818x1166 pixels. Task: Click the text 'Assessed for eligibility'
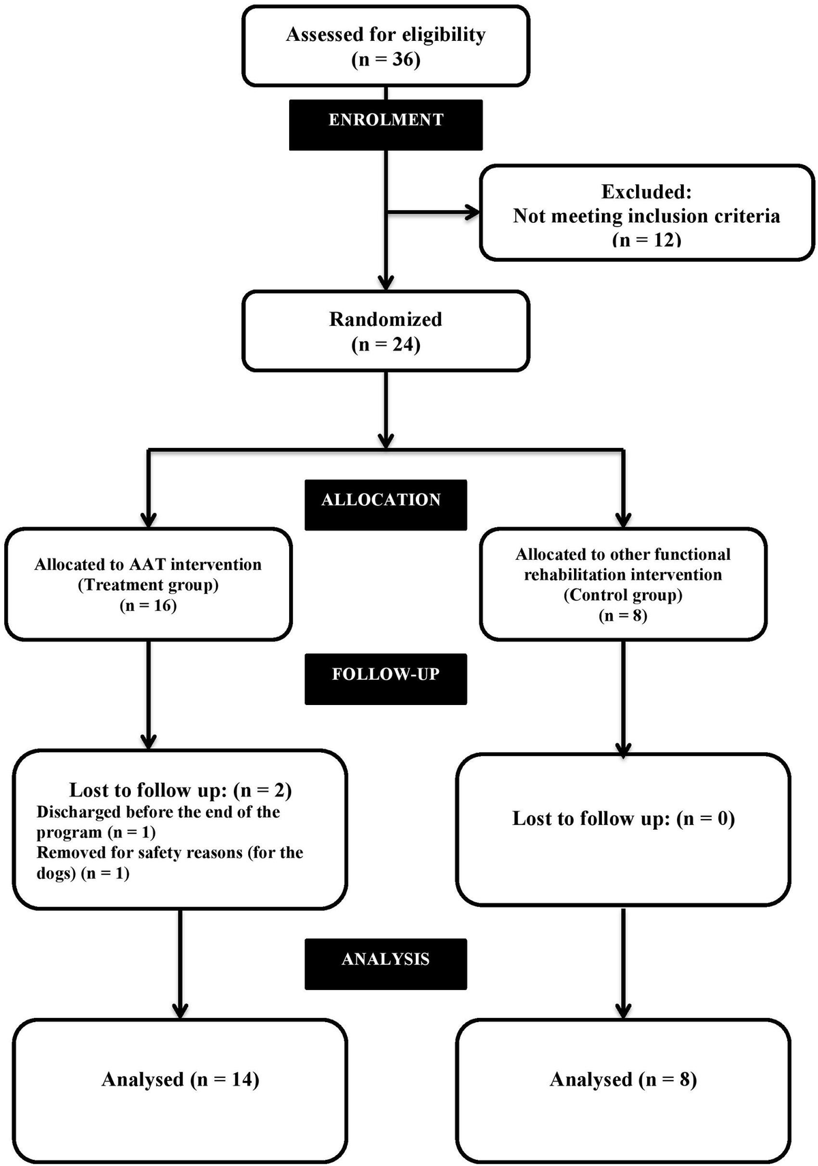(x=386, y=34)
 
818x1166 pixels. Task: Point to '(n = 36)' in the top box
(x=386, y=59)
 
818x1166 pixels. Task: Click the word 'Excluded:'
(x=646, y=192)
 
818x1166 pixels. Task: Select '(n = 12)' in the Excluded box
(x=646, y=239)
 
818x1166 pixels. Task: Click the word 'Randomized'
(x=386, y=319)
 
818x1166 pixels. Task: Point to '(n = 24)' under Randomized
(x=386, y=344)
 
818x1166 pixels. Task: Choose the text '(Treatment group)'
(x=148, y=585)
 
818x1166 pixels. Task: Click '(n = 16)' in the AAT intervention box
(x=148, y=606)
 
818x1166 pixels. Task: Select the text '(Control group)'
(x=623, y=595)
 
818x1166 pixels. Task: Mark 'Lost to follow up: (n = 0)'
(x=623, y=818)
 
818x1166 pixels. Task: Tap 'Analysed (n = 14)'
(x=181, y=1079)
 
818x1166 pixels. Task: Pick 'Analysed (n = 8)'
(x=623, y=1079)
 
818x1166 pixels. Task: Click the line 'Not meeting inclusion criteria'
(x=646, y=216)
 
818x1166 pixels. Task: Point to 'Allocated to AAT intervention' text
(x=148, y=565)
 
